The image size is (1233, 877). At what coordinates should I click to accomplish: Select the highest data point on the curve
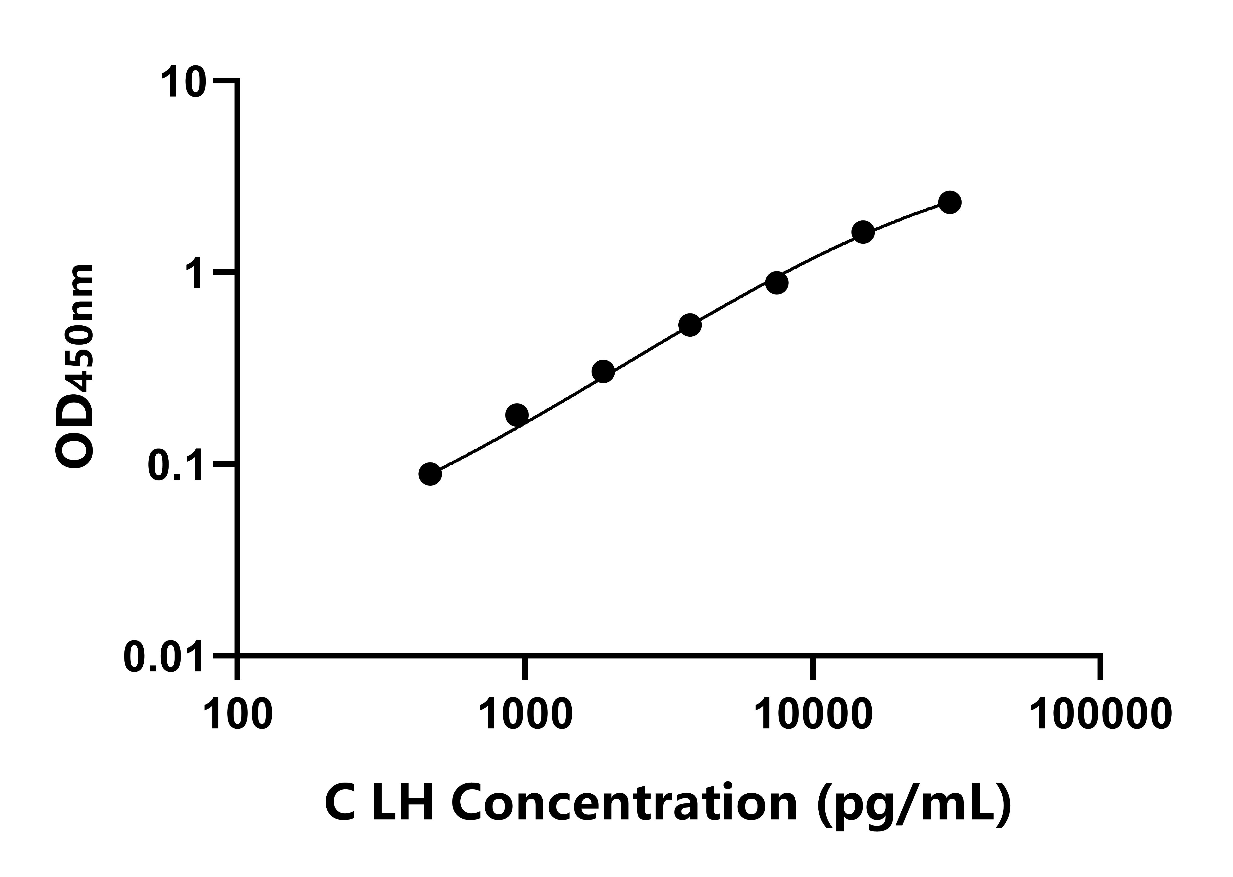950,202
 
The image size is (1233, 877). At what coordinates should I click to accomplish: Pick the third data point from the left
603,372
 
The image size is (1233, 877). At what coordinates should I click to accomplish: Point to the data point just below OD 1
776,283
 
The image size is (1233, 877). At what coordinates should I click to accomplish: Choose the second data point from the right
863,232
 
